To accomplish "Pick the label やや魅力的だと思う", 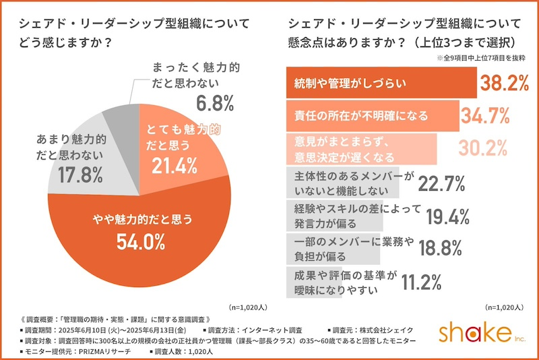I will [x=142, y=218].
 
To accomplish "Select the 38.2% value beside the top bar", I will [x=501, y=83].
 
